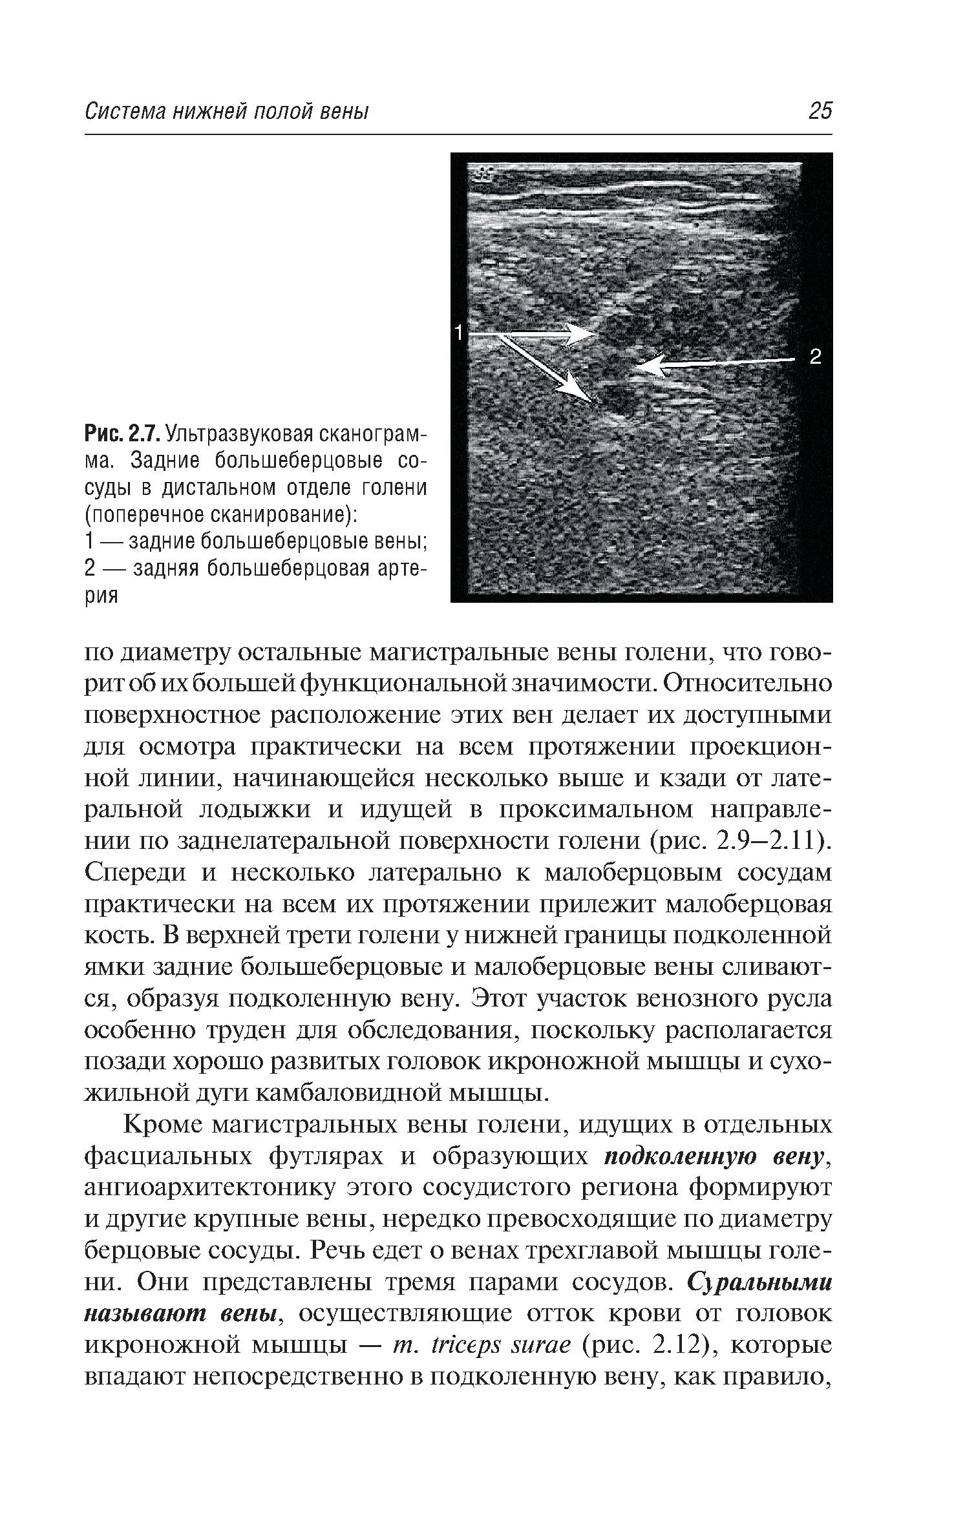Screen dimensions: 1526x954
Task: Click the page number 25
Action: pyautogui.click(x=819, y=111)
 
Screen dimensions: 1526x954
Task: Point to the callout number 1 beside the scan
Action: pyautogui.click(x=458, y=333)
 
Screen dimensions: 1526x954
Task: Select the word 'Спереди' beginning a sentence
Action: pyautogui.click(x=136, y=873)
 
